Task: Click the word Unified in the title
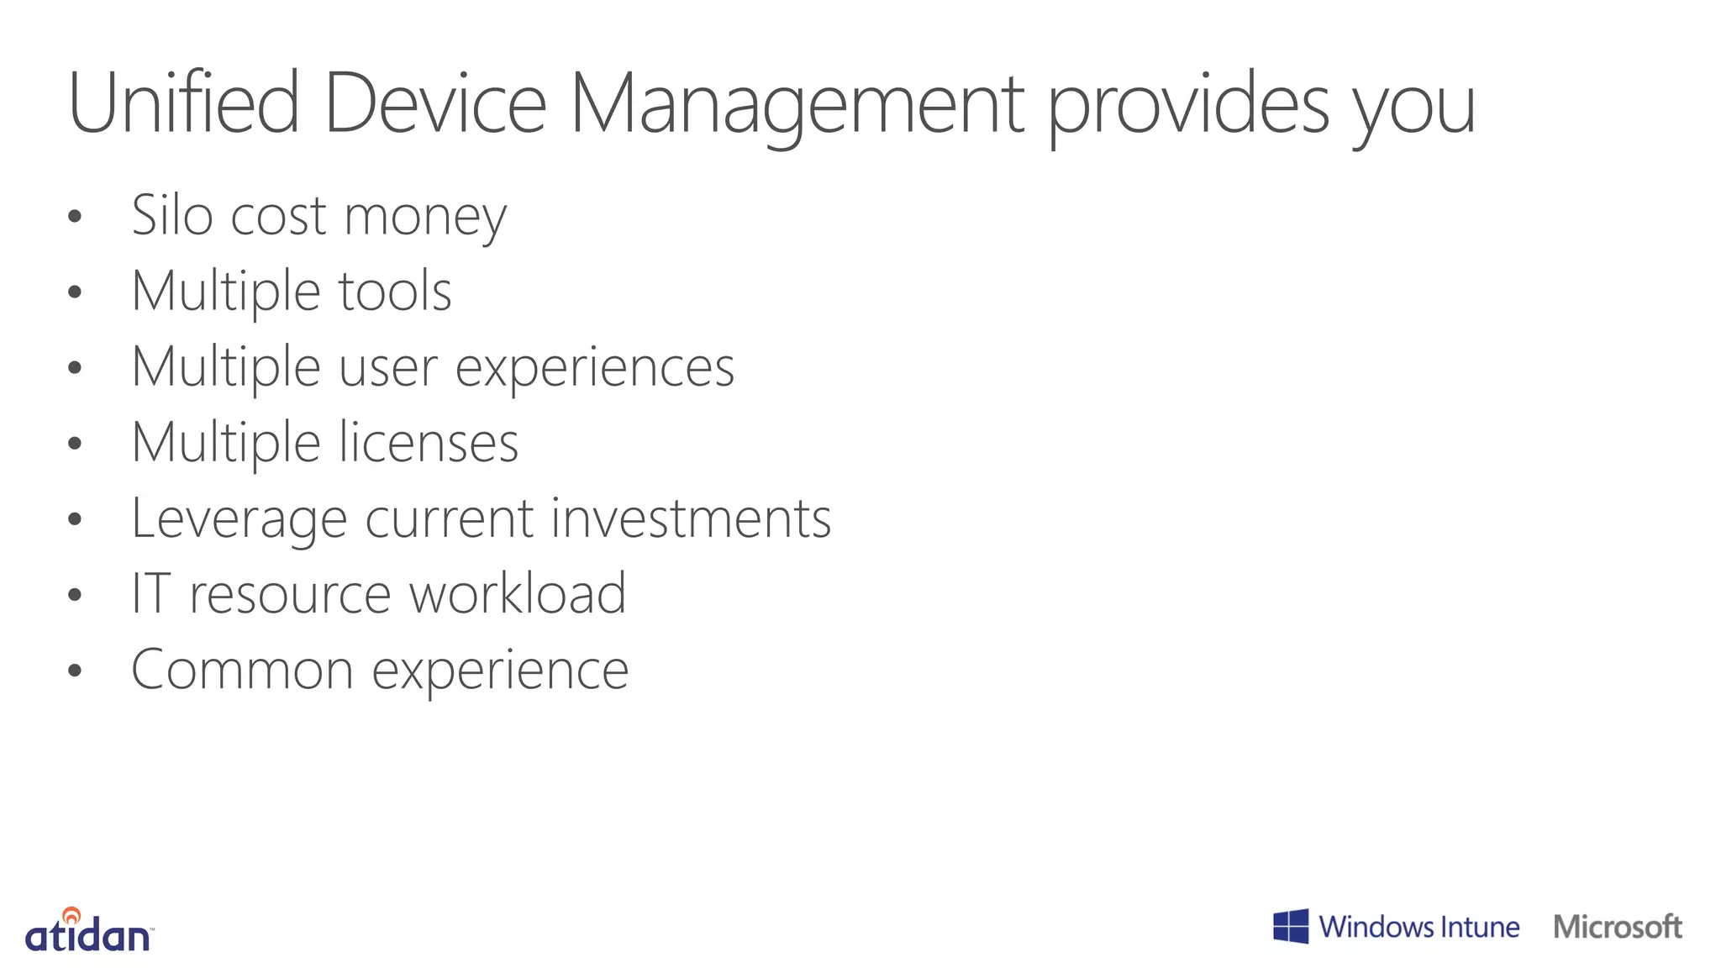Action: pyautogui.click(x=183, y=103)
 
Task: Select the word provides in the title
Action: pyautogui.click(x=1188, y=104)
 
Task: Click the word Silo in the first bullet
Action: pyautogui.click(x=172, y=215)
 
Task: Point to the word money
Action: pyautogui.click(x=425, y=217)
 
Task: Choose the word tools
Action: pyautogui.click(x=395, y=291)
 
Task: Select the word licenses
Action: pyautogui.click(x=429, y=443)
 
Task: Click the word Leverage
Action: pyautogui.click(x=239, y=519)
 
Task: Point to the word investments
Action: pyautogui.click(x=691, y=518)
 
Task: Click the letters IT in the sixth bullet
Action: pyautogui.click(x=151, y=593)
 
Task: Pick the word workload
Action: pyautogui.click(x=518, y=593)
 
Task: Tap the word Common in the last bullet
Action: pyautogui.click(x=242, y=670)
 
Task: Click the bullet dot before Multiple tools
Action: pyautogui.click(x=75, y=292)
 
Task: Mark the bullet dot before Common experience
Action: pyautogui.click(x=75, y=671)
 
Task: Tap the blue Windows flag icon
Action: pyautogui.click(x=1291, y=926)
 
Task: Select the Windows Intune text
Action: pyautogui.click(x=1418, y=927)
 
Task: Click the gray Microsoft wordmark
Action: pyautogui.click(x=1617, y=927)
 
